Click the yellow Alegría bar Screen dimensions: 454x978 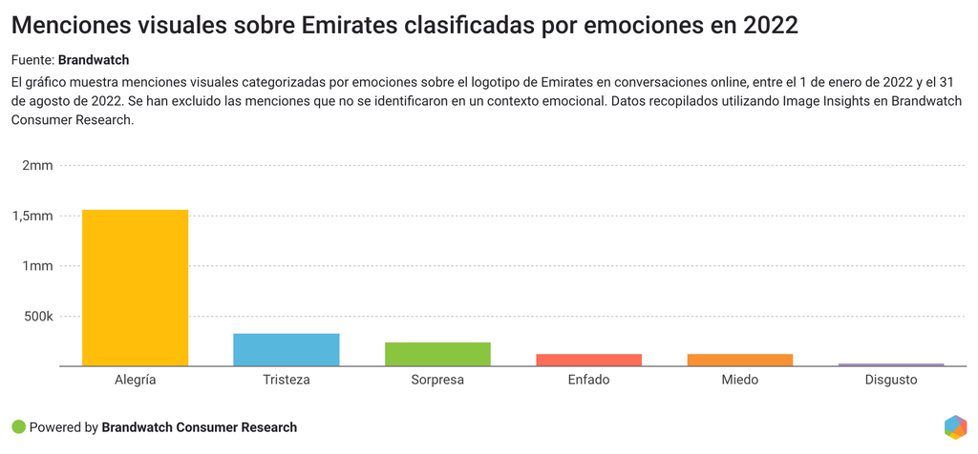coord(135,287)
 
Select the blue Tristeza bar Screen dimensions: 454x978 coord(286,349)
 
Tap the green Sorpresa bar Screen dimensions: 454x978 coord(437,354)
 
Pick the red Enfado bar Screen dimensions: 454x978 coord(588,360)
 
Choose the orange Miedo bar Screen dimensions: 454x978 coord(739,360)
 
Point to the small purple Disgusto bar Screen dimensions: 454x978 coord(890,364)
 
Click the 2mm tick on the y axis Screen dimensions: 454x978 coord(37,166)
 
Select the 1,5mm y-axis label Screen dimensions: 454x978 coord(32,217)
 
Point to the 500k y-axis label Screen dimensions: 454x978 coord(38,317)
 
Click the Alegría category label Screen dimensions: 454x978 coord(135,380)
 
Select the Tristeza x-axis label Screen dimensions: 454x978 coord(286,380)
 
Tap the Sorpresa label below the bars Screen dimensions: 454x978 coord(437,380)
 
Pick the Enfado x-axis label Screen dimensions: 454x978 coord(588,380)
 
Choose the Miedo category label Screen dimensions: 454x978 coord(739,380)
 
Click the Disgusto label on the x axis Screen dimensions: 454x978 coord(890,380)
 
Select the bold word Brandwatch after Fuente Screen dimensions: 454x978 coord(94,60)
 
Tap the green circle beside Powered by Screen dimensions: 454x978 coord(18,427)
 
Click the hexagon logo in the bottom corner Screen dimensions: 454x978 coord(955,427)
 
